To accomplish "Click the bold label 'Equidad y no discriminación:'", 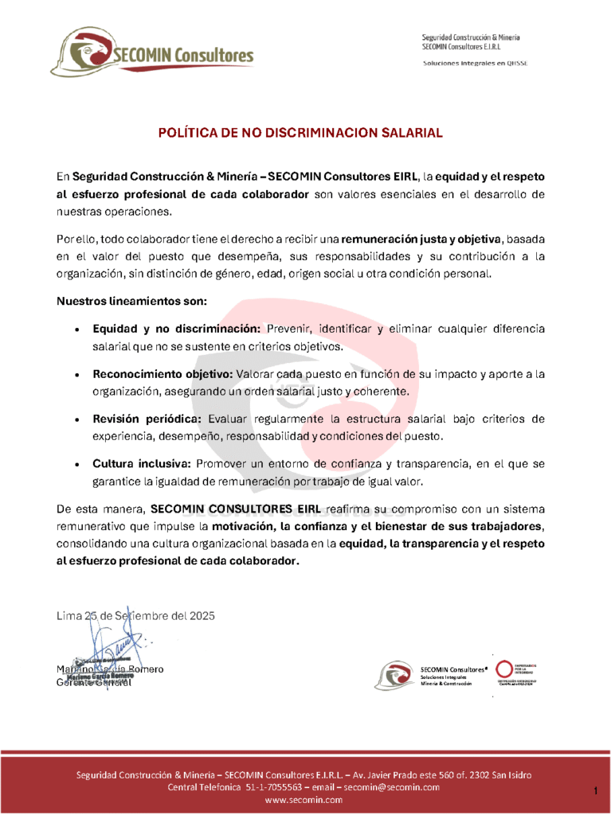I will coord(177,329).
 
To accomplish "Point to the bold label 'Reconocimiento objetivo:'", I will coord(163,374).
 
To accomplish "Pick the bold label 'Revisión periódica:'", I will coord(148,419).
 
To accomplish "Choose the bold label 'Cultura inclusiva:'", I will coord(141,464).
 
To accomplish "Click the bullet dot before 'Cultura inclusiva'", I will coord(75,465).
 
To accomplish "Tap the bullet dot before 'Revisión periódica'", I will coord(75,419).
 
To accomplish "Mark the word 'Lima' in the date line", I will coord(69,615).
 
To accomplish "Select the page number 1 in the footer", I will coord(595,790).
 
